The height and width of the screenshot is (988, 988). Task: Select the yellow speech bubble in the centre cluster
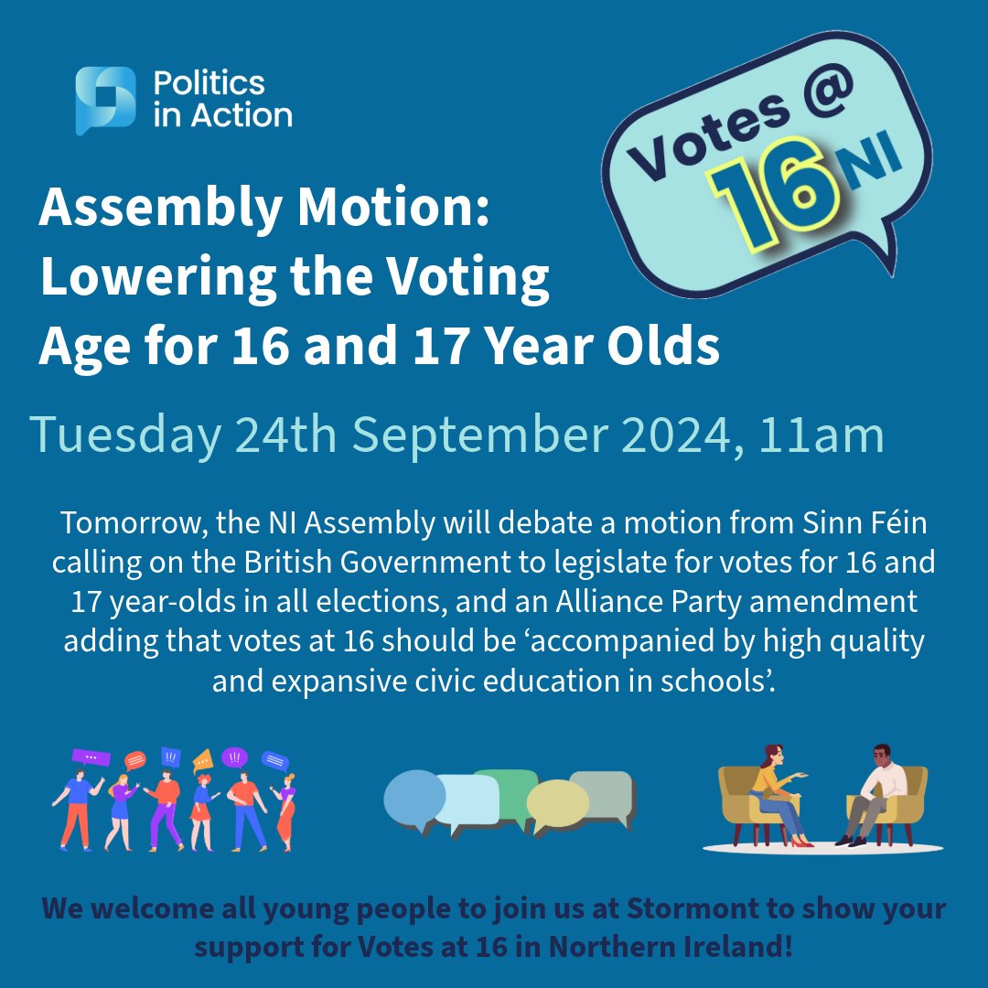tap(557, 804)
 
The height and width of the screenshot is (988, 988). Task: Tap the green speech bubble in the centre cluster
tap(506, 785)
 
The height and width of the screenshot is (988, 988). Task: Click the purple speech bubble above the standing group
tap(91, 757)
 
